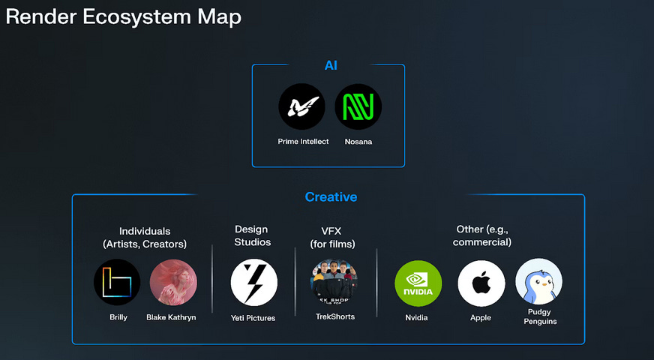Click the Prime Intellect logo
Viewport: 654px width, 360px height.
pyautogui.click(x=302, y=107)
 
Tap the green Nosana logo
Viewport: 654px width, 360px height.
pyautogui.click(x=358, y=107)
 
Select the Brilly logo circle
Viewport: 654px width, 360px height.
pyautogui.click(x=117, y=282)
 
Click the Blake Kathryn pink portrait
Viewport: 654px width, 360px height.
pyautogui.click(x=173, y=282)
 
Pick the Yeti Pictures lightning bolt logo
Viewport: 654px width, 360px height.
pyautogui.click(x=253, y=283)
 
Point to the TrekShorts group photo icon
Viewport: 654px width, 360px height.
pyautogui.click(x=334, y=282)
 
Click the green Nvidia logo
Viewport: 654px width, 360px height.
pyautogui.click(x=418, y=283)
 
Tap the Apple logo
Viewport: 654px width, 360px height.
pyautogui.click(x=481, y=283)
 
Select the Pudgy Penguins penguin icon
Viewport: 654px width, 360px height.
pyautogui.click(x=538, y=281)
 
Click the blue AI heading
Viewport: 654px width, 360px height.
pyautogui.click(x=331, y=66)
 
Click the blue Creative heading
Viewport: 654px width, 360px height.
pyautogui.click(x=331, y=197)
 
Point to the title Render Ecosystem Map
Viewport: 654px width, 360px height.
pyautogui.click(x=124, y=16)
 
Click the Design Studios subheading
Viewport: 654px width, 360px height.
pyautogui.click(x=252, y=235)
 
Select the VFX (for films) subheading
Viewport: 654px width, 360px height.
pyautogui.click(x=332, y=236)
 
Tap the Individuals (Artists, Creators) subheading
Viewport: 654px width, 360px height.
pyautogui.click(x=145, y=237)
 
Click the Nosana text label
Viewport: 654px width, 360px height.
pyautogui.click(x=358, y=142)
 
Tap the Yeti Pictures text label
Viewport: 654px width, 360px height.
pyautogui.click(x=253, y=318)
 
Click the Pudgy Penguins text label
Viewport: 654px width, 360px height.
pyautogui.click(x=539, y=316)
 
